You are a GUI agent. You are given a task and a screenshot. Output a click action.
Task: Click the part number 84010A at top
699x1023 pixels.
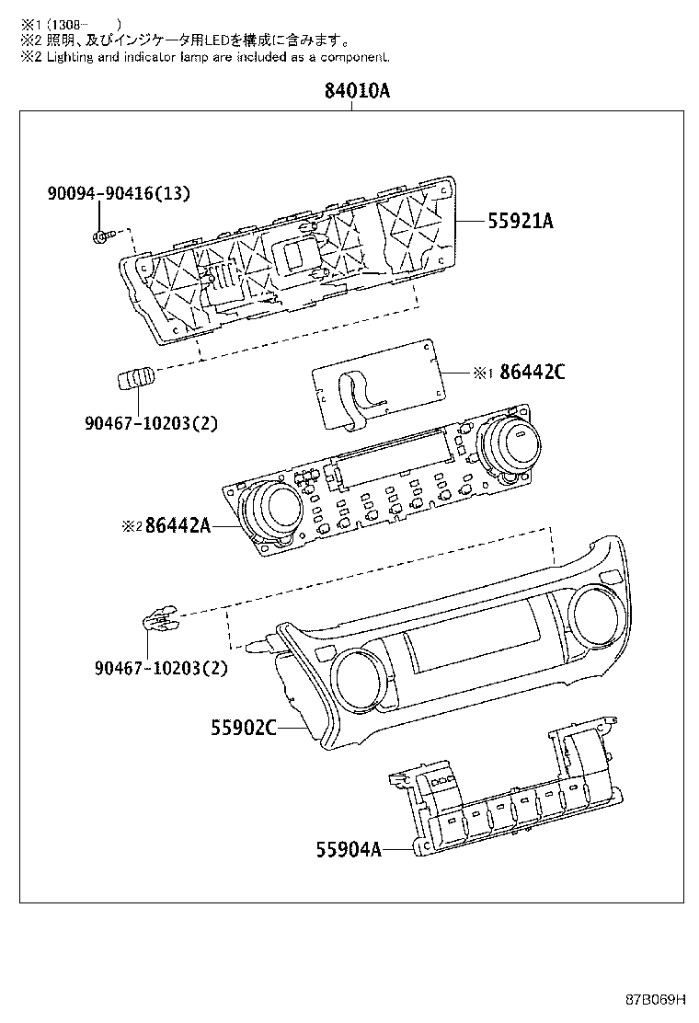tap(357, 92)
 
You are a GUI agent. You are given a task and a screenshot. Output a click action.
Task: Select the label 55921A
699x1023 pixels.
tap(521, 221)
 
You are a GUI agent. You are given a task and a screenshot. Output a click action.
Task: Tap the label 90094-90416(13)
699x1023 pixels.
tap(119, 193)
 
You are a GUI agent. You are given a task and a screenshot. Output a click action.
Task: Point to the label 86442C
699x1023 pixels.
tap(533, 373)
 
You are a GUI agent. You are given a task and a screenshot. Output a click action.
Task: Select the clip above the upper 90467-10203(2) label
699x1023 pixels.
tap(135, 377)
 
